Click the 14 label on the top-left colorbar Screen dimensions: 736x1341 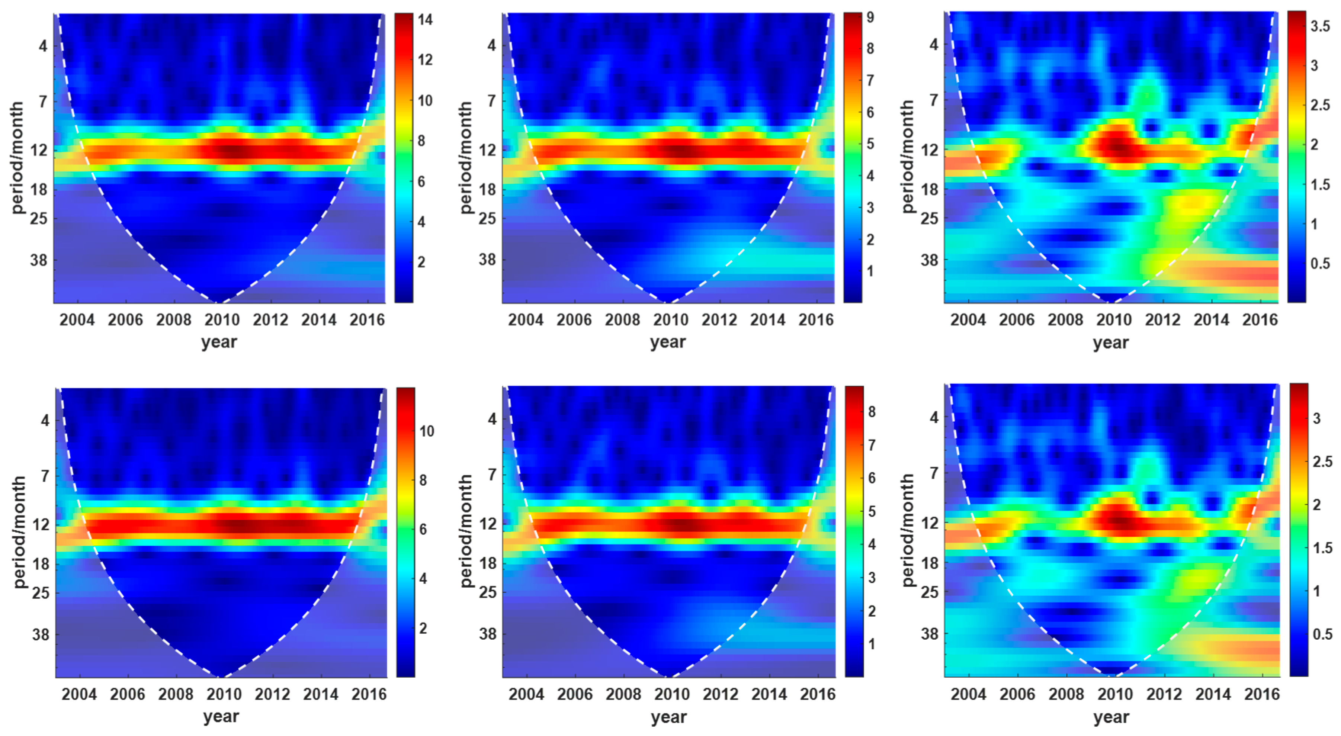tap(425, 20)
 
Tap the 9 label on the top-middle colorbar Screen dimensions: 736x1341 tap(870, 17)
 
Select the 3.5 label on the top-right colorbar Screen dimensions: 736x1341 tap(1320, 26)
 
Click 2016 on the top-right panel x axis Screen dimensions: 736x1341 tap(1260, 319)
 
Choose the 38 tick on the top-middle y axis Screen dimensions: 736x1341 tap(487, 259)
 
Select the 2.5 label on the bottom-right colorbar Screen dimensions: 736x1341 tap(1322, 462)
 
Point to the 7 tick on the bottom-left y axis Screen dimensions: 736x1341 tap(45, 475)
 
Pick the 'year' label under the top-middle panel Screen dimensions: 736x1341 tap(668, 342)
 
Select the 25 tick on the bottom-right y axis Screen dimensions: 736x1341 tap(929, 592)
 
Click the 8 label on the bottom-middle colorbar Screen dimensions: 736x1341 tap(872, 412)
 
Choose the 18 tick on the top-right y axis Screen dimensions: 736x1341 tap(929, 189)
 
